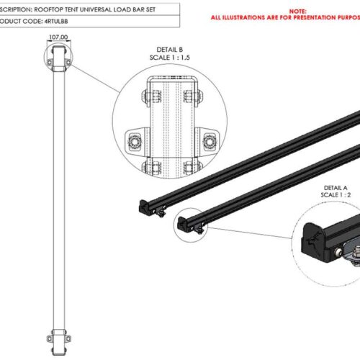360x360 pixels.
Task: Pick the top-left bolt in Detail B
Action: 152,96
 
